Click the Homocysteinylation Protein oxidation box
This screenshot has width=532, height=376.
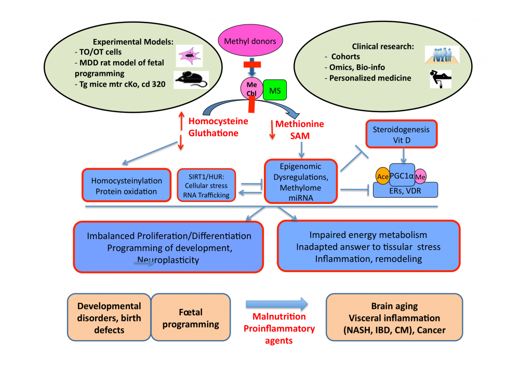[x=126, y=186]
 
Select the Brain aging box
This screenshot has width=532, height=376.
[x=394, y=318]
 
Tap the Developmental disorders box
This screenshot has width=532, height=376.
[x=110, y=318]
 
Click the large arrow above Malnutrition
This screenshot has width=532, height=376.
[x=277, y=304]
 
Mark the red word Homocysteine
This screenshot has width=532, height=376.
[x=218, y=121]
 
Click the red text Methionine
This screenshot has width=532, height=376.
[x=299, y=124]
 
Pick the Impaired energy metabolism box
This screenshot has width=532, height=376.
[x=368, y=246]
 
